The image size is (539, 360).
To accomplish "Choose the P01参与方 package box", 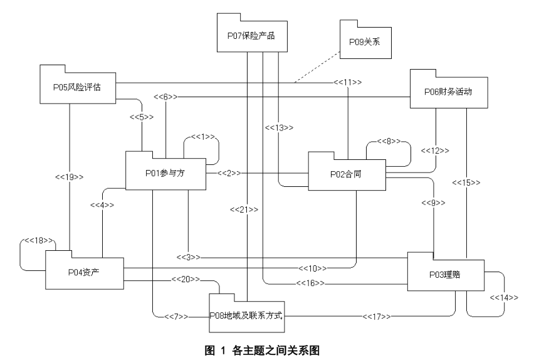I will pos(165,173).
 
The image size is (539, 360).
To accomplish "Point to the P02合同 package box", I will pos(346,173).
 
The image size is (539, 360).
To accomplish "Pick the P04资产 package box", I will pos(83,272).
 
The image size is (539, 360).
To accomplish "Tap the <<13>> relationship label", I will pos(279,127).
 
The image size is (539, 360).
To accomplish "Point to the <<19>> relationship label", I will pos(70,177).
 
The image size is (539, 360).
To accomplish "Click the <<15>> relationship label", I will pos(466,183).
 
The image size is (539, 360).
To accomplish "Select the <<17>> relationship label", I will pos(377,316).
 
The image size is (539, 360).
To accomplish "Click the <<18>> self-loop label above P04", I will pos(39,240).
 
